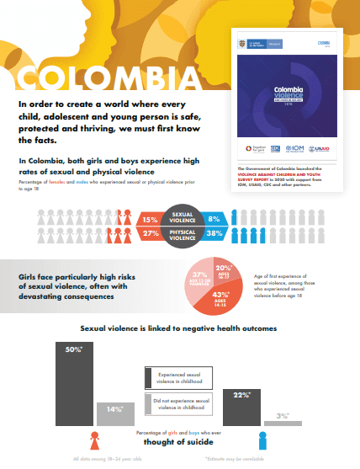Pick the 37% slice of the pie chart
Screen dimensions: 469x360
click(x=200, y=279)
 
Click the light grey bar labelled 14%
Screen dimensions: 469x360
click(x=110, y=415)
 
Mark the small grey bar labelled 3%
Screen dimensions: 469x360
click(x=282, y=423)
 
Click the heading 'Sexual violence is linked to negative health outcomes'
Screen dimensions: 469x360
click(x=179, y=328)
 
